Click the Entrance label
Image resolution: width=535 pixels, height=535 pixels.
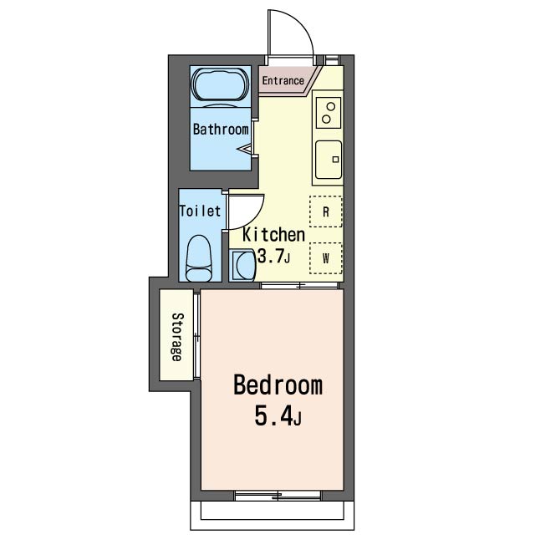283,81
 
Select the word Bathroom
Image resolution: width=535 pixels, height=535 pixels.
221,130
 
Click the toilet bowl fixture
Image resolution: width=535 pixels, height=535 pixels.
199,258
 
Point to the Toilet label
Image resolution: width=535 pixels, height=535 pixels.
200,211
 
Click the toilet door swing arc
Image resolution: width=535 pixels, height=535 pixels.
255,218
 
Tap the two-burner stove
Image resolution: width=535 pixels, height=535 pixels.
329,113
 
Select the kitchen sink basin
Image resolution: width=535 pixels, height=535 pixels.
329,160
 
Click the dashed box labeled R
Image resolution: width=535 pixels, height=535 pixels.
326,211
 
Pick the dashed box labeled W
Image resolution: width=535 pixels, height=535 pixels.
326,258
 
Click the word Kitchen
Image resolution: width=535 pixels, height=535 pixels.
273,235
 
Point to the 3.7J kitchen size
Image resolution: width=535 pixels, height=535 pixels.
273,257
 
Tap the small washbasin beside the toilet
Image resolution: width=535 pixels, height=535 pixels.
242,266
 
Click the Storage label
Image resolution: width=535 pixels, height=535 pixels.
177,337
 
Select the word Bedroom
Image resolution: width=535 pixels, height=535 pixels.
278,385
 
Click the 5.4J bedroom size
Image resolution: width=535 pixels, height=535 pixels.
278,416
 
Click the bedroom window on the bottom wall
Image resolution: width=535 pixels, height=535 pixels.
278,496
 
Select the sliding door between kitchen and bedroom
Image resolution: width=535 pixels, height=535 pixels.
299,286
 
